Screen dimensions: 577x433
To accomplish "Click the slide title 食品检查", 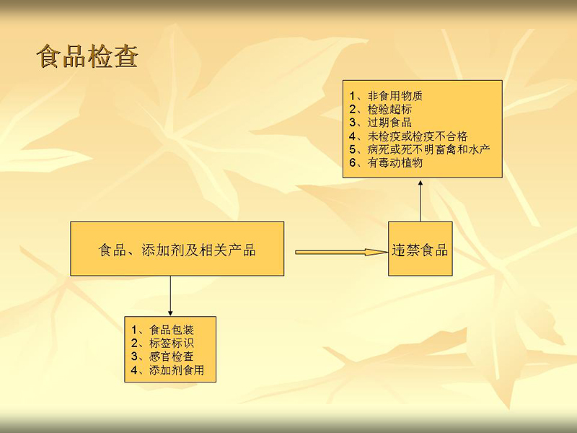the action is (87, 57).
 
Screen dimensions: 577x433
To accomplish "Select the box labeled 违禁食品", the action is (420, 248).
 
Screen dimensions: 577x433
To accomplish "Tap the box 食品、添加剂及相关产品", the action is (177, 248).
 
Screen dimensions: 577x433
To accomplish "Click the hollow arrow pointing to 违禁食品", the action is (341, 252).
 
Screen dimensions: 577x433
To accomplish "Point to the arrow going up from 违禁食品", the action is (420, 201).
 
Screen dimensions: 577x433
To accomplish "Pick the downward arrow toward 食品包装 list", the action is (170, 296).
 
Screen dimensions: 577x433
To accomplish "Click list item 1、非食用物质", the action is (386, 96).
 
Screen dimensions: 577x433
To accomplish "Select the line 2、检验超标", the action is (381, 109).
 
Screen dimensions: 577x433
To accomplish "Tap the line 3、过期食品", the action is (381, 122).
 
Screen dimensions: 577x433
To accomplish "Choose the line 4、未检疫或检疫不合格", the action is (408, 136).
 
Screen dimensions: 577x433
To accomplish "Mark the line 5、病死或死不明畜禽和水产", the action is (420, 149).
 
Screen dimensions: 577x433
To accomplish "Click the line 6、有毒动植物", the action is (386, 162).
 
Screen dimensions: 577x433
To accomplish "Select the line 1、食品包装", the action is (162, 330).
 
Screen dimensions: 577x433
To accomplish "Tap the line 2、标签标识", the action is (162, 343).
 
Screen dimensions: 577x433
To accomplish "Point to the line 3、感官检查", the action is (162, 356).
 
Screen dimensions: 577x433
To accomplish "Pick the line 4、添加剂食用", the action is (168, 369).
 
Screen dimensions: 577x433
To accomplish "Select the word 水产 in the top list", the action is (479, 149).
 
